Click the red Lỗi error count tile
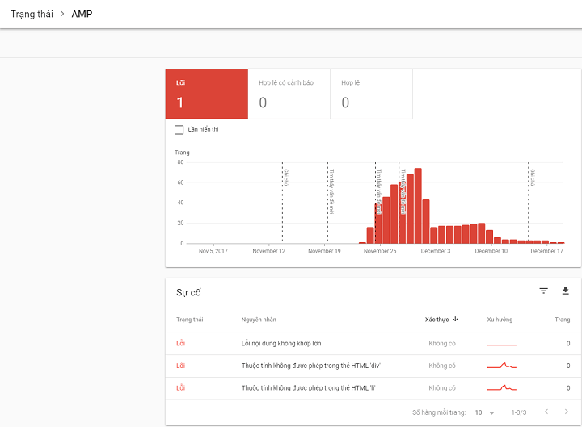coord(206,94)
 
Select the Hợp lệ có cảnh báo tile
coord(289,94)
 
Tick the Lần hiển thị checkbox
coord(179,129)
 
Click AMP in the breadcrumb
coord(82,14)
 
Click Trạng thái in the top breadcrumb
coord(32,14)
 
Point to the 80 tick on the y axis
coord(180,162)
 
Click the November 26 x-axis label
coord(380,251)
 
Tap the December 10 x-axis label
coord(491,251)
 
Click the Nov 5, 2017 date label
coord(213,251)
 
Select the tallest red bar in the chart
coord(418,206)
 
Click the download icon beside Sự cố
coord(565,291)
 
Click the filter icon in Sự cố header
coord(544,291)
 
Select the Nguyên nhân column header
coord(259,320)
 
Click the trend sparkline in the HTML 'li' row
coord(501,388)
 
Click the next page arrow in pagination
coord(566,412)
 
